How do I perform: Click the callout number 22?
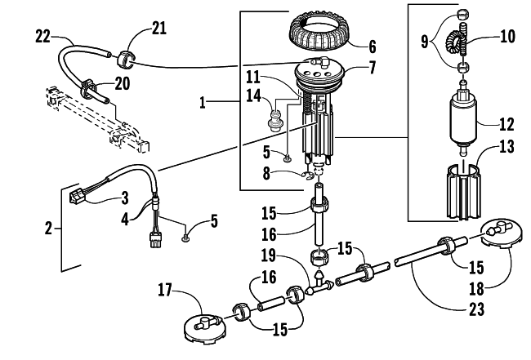coord(42,37)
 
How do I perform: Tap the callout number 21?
coord(159,28)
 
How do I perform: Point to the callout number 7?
coord(373,67)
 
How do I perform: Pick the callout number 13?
coord(506,146)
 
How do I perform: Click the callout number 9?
coord(425,43)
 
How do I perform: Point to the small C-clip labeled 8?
coord(307,176)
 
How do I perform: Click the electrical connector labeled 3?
coord(78,195)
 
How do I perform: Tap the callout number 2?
coord(49,229)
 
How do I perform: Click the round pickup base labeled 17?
coord(204,327)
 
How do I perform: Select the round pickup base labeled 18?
coord(501,235)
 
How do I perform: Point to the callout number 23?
coord(476,309)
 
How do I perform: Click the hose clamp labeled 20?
coord(87,88)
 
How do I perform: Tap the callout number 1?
coord(203,102)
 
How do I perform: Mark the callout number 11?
coord(252,78)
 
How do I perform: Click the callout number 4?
coord(125,220)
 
